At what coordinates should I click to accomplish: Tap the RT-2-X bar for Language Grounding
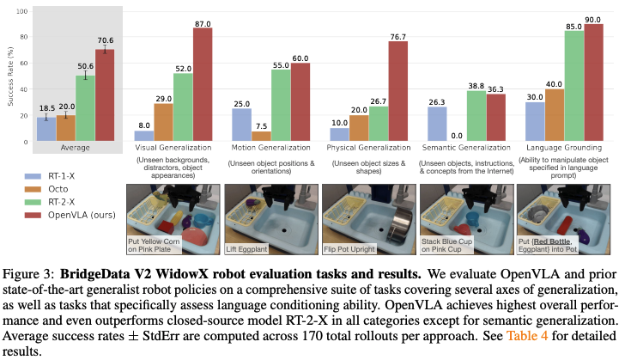point(573,86)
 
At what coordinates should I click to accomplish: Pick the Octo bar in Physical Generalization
point(358,127)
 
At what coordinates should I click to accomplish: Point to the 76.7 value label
point(397,36)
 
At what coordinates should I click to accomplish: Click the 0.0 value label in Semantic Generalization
point(456,135)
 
